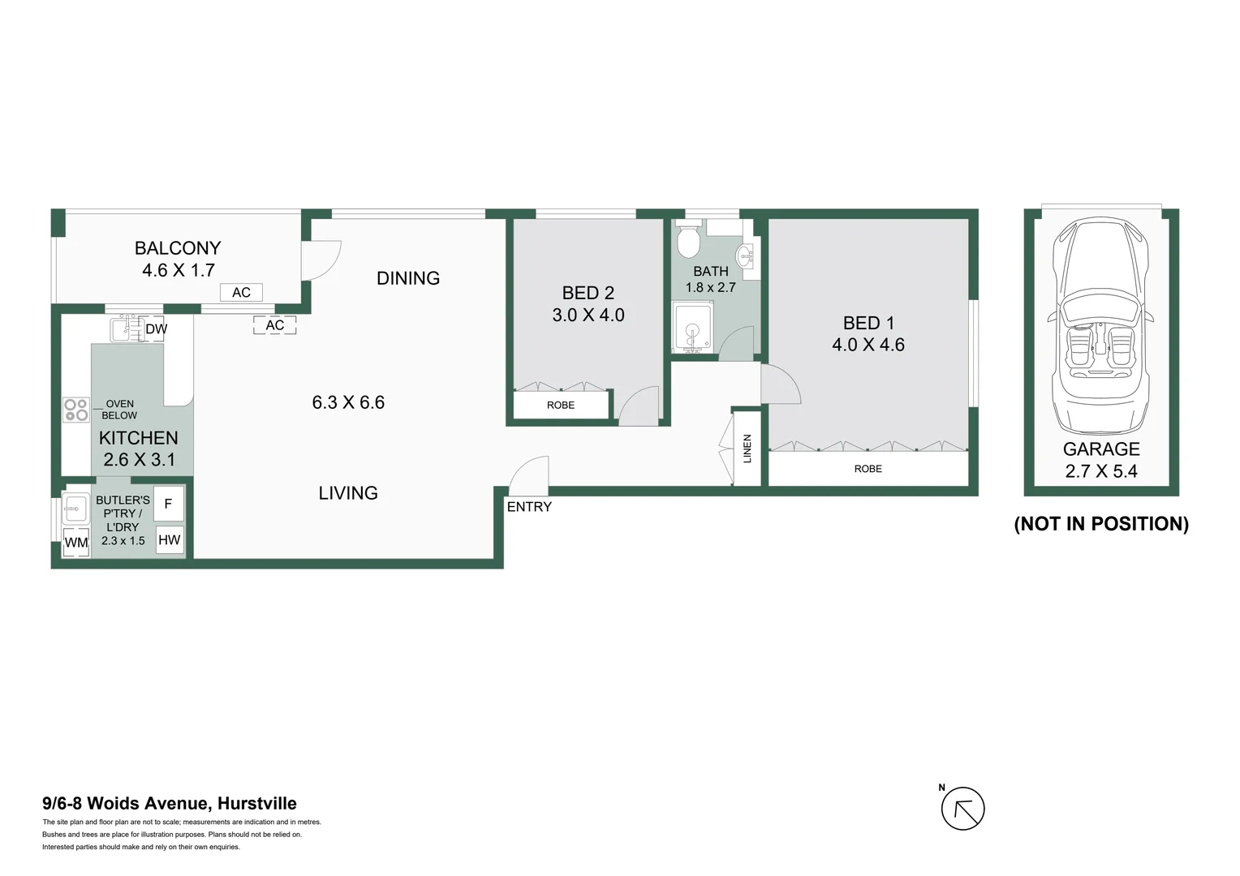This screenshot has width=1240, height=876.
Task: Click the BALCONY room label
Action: (x=178, y=248)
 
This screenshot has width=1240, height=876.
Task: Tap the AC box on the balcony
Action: (x=241, y=293)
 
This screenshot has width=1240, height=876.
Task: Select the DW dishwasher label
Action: (x=156, y=329)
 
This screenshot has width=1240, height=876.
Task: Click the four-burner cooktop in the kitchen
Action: (x=76, y=410)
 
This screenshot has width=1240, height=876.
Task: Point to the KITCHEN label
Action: (x=138, y=438)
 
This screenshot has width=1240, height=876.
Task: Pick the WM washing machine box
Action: (x=76, y=542)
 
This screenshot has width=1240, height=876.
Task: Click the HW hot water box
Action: (x=169, y=540)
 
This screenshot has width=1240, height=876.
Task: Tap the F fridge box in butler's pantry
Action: (x=169, y=504)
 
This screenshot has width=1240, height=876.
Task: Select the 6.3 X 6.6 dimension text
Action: (x=348, y=402)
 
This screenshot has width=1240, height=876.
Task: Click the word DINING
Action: (x=408, y=278)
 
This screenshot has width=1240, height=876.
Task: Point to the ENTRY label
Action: (x=529, y=507)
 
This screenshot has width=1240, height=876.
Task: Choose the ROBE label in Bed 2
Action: (x=561, y=405)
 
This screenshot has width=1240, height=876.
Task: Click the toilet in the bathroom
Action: (x=688, y=239)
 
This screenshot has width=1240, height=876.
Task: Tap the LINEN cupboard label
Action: (x=747, y=449)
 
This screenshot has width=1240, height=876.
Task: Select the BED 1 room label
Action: (x=868, y=323)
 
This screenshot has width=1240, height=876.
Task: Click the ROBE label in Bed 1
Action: (x=868, y=469)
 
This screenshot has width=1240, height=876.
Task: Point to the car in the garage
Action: (x=1100, y=324)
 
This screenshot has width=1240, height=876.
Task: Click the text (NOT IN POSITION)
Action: (x=1101, y=524)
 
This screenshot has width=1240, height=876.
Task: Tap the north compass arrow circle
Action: (x=962, y=809)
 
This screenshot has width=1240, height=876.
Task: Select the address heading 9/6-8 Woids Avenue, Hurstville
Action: (x=170, y=804)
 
